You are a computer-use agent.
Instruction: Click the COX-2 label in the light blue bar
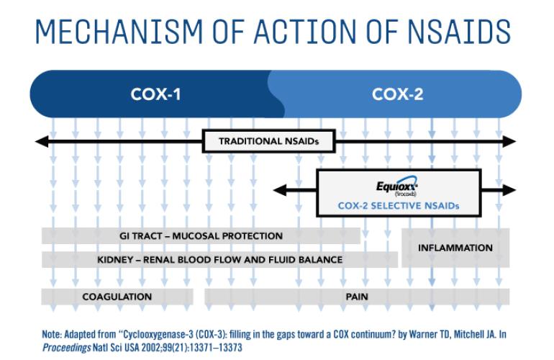[x=398, y=94]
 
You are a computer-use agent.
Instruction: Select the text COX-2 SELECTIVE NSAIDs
[x=398, y=205]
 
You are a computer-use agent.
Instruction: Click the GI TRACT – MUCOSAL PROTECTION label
[x=201, y=236]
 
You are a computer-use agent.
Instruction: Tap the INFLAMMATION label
[x=455, y=248]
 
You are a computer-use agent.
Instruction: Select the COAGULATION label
[x=117, y=296]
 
